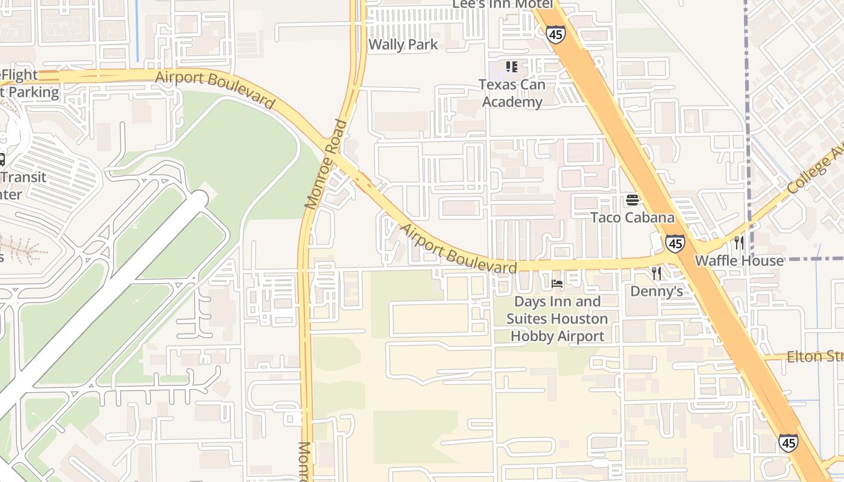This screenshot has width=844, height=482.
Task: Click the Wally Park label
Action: [403, 44]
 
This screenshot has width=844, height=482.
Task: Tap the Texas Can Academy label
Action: [511, 93]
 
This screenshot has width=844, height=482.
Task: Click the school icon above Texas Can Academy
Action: [511, 66]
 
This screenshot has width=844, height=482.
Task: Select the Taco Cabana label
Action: [632, 218]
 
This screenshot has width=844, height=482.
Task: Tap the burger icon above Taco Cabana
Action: [632, 199]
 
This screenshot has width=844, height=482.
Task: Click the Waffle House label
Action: [739, 261]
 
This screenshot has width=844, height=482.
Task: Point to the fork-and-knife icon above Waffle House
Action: [738, 242]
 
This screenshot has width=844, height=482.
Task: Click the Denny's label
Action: [657, 292]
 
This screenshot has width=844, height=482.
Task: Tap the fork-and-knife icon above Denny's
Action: [657, 274]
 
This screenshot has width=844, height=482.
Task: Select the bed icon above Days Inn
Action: [557, 283]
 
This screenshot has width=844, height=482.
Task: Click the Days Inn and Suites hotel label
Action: [557, 319]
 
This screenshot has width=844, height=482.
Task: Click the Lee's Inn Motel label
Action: [503, 4]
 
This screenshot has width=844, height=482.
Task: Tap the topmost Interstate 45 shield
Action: [555, 34]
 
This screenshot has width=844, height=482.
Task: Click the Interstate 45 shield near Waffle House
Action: [675, 243]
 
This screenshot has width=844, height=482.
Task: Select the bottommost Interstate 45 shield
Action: [788, 443]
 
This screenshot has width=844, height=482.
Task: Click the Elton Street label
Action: [814, 357]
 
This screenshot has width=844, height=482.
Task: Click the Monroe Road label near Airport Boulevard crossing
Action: [326, 164]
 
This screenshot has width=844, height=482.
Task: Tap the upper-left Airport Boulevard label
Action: [215, 90]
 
